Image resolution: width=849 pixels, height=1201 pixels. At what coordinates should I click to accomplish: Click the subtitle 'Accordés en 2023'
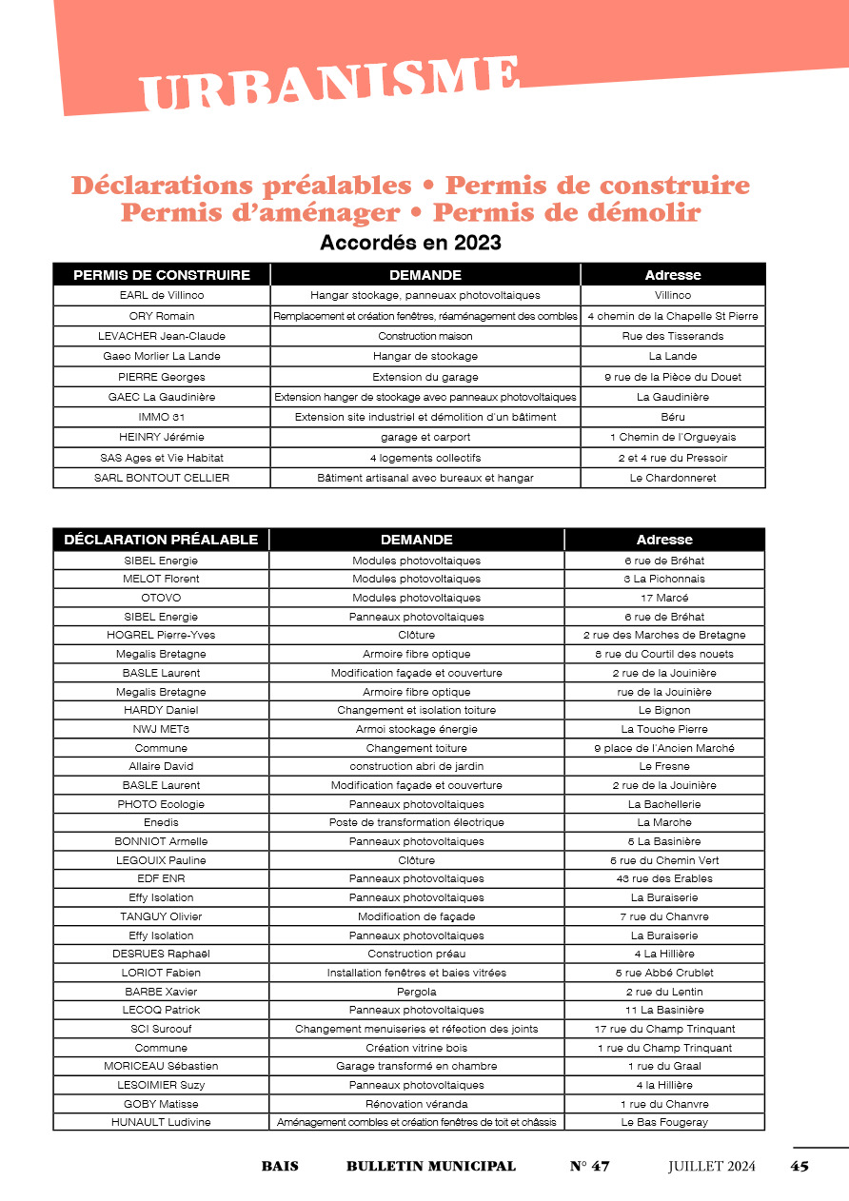click(410, 243)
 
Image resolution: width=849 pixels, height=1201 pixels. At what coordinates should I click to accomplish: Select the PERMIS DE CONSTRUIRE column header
click(162, 275)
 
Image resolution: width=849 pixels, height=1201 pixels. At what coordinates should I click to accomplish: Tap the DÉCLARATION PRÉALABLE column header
click(161, 540)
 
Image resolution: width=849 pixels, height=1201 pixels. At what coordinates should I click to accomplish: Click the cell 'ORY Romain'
click(162, 316)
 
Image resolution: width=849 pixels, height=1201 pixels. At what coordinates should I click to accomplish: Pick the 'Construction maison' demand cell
click(425, 336)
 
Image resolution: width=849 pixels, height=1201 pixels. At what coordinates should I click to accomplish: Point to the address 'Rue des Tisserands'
click(673, 336)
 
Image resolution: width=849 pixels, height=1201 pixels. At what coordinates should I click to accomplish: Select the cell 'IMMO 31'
click(162, 417)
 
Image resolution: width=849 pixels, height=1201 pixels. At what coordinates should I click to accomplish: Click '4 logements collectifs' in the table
click(425, 458)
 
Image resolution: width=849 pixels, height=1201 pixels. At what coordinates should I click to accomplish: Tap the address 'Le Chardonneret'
click(673, 478)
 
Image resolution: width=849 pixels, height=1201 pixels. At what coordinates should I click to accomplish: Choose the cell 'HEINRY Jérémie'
click(162, 438)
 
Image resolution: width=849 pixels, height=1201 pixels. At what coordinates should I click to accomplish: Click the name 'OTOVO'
click(161, 598)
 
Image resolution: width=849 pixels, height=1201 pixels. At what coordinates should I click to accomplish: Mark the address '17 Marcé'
click(664, 598)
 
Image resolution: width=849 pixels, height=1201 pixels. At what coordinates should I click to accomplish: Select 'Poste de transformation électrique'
click(417, 822)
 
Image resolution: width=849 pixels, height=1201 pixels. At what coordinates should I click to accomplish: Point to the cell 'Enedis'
click(161, 822)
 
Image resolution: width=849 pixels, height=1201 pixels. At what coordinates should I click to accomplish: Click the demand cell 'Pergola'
click(417, 992)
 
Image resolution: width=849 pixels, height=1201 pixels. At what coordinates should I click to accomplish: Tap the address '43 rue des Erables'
click(664, 878)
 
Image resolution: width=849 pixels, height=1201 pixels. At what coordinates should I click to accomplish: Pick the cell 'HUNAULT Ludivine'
click(161, 1123)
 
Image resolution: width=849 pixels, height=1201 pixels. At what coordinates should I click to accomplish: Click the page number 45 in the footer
click(800, 1167)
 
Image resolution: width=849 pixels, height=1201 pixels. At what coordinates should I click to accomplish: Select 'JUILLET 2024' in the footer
click(712, 1167)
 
